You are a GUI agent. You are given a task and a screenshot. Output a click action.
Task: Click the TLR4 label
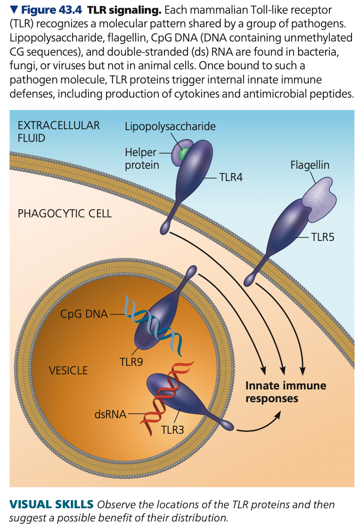coord(230,177)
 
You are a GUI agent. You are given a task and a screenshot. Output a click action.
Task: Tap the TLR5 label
coord(322,237)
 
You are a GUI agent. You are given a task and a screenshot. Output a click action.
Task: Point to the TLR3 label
coord(172,430)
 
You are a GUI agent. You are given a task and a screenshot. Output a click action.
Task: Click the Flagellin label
coord(310,165)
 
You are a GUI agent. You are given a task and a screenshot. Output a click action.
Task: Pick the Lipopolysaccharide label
coord(170,126)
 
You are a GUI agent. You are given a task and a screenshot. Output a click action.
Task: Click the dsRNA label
coord(110,414)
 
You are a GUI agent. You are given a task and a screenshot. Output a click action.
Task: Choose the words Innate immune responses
coord(286,392)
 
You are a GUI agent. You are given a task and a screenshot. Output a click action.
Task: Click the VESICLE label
coord(68,371)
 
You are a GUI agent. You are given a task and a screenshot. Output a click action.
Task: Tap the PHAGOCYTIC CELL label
coord(65,213)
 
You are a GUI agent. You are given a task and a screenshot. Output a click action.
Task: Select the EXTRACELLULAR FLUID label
coord(58,132)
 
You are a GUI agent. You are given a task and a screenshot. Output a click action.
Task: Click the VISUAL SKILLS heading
coord(51,504)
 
